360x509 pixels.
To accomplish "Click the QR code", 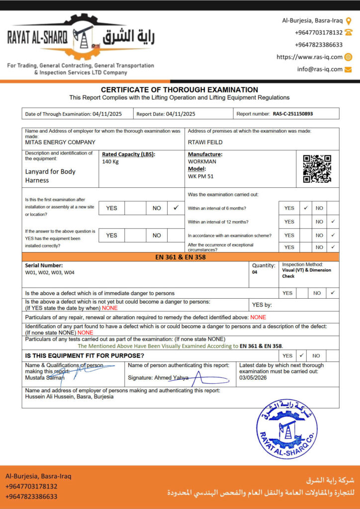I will (317, 169).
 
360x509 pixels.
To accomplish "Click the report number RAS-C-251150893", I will (293, 114).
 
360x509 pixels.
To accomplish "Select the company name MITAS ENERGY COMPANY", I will (60, 142).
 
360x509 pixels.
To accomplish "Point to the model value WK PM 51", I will (201, 176).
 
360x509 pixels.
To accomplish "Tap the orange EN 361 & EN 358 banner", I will (180, 257).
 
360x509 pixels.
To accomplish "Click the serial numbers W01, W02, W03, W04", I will (50, 272).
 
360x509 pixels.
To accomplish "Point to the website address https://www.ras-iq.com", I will (309, 57).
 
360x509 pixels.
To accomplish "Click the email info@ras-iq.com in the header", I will (320, 69).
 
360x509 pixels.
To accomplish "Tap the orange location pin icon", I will (349, 20).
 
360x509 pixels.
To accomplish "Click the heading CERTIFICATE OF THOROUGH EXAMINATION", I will (180, 89).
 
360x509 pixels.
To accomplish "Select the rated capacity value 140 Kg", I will (110, 162).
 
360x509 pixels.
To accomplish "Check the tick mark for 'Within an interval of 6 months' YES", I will (306, 208).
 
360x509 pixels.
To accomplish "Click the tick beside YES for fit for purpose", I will (301, 355).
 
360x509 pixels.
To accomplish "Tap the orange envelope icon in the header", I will (348, 69).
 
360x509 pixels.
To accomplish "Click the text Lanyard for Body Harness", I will (50, 175).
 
